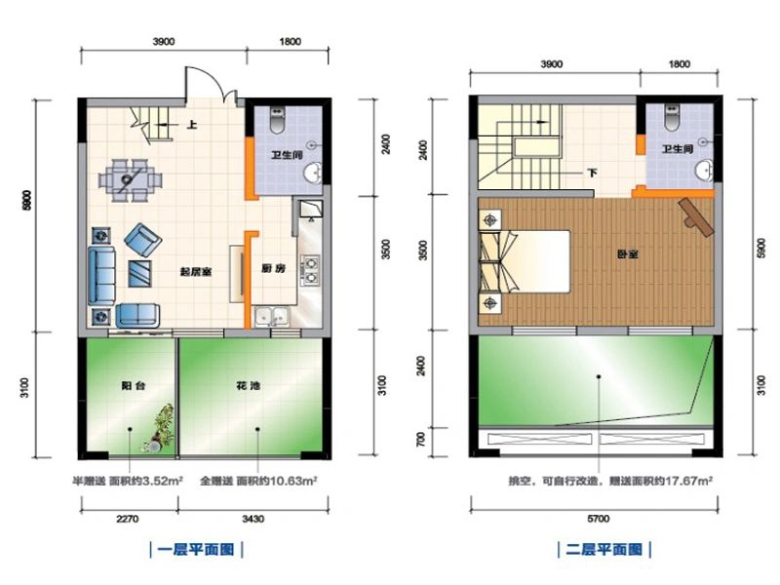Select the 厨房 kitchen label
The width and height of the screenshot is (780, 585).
pyautogui.click(x=273, y=270)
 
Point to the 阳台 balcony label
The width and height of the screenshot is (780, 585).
pyautogui.click(x=134, y=385)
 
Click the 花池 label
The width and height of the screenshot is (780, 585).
pyautogui.click(x=248, y=385)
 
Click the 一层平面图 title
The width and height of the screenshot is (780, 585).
pyautogui.click(x=194, y=549)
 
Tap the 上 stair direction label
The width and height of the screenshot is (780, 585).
pyautogui.click(x=192, y=125)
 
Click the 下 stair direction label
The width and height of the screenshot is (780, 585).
pyautogui.click(x=592, y=173)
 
